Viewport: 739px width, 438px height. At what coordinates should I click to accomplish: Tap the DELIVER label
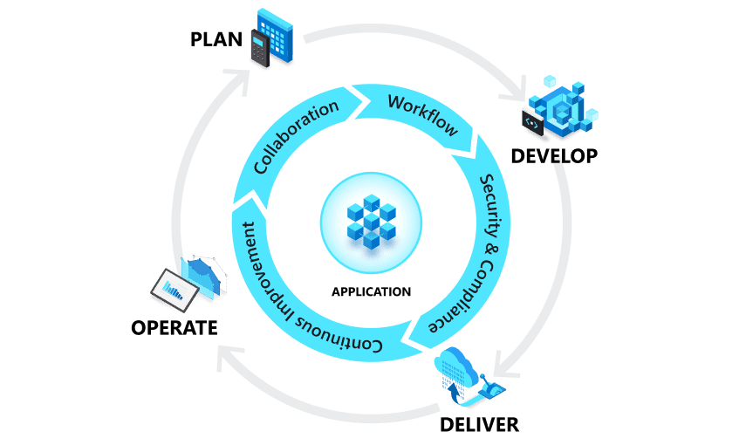click(x=480, y=424)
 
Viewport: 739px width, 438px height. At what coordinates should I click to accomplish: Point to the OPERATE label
click(x=174, y=328)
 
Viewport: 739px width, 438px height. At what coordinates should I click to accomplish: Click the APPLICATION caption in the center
click(x=371, y=291)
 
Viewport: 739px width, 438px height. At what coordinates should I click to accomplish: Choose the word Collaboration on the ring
click(x=296, y=137)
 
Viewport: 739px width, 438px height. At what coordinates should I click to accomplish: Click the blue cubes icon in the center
click(x=371, y=220)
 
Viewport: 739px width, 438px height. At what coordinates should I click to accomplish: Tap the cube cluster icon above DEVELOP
click(x=559, y=108)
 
